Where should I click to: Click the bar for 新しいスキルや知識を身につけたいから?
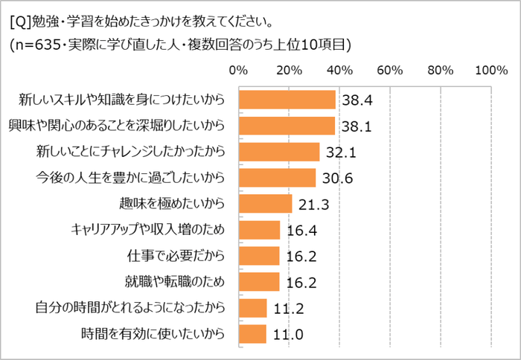(287, 99)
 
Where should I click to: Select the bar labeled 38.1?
(287, 125)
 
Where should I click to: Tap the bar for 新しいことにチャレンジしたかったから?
(278, 151)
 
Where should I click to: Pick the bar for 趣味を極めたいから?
(265, 203)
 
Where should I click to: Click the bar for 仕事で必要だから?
(258, 255)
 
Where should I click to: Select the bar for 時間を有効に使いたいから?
(252, 333)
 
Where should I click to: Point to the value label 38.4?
(356, 100)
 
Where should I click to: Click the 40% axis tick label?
(339, 71)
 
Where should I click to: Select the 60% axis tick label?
(390, 71)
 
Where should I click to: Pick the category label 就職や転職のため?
(175, 282)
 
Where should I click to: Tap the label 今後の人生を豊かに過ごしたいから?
(130, 178)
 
